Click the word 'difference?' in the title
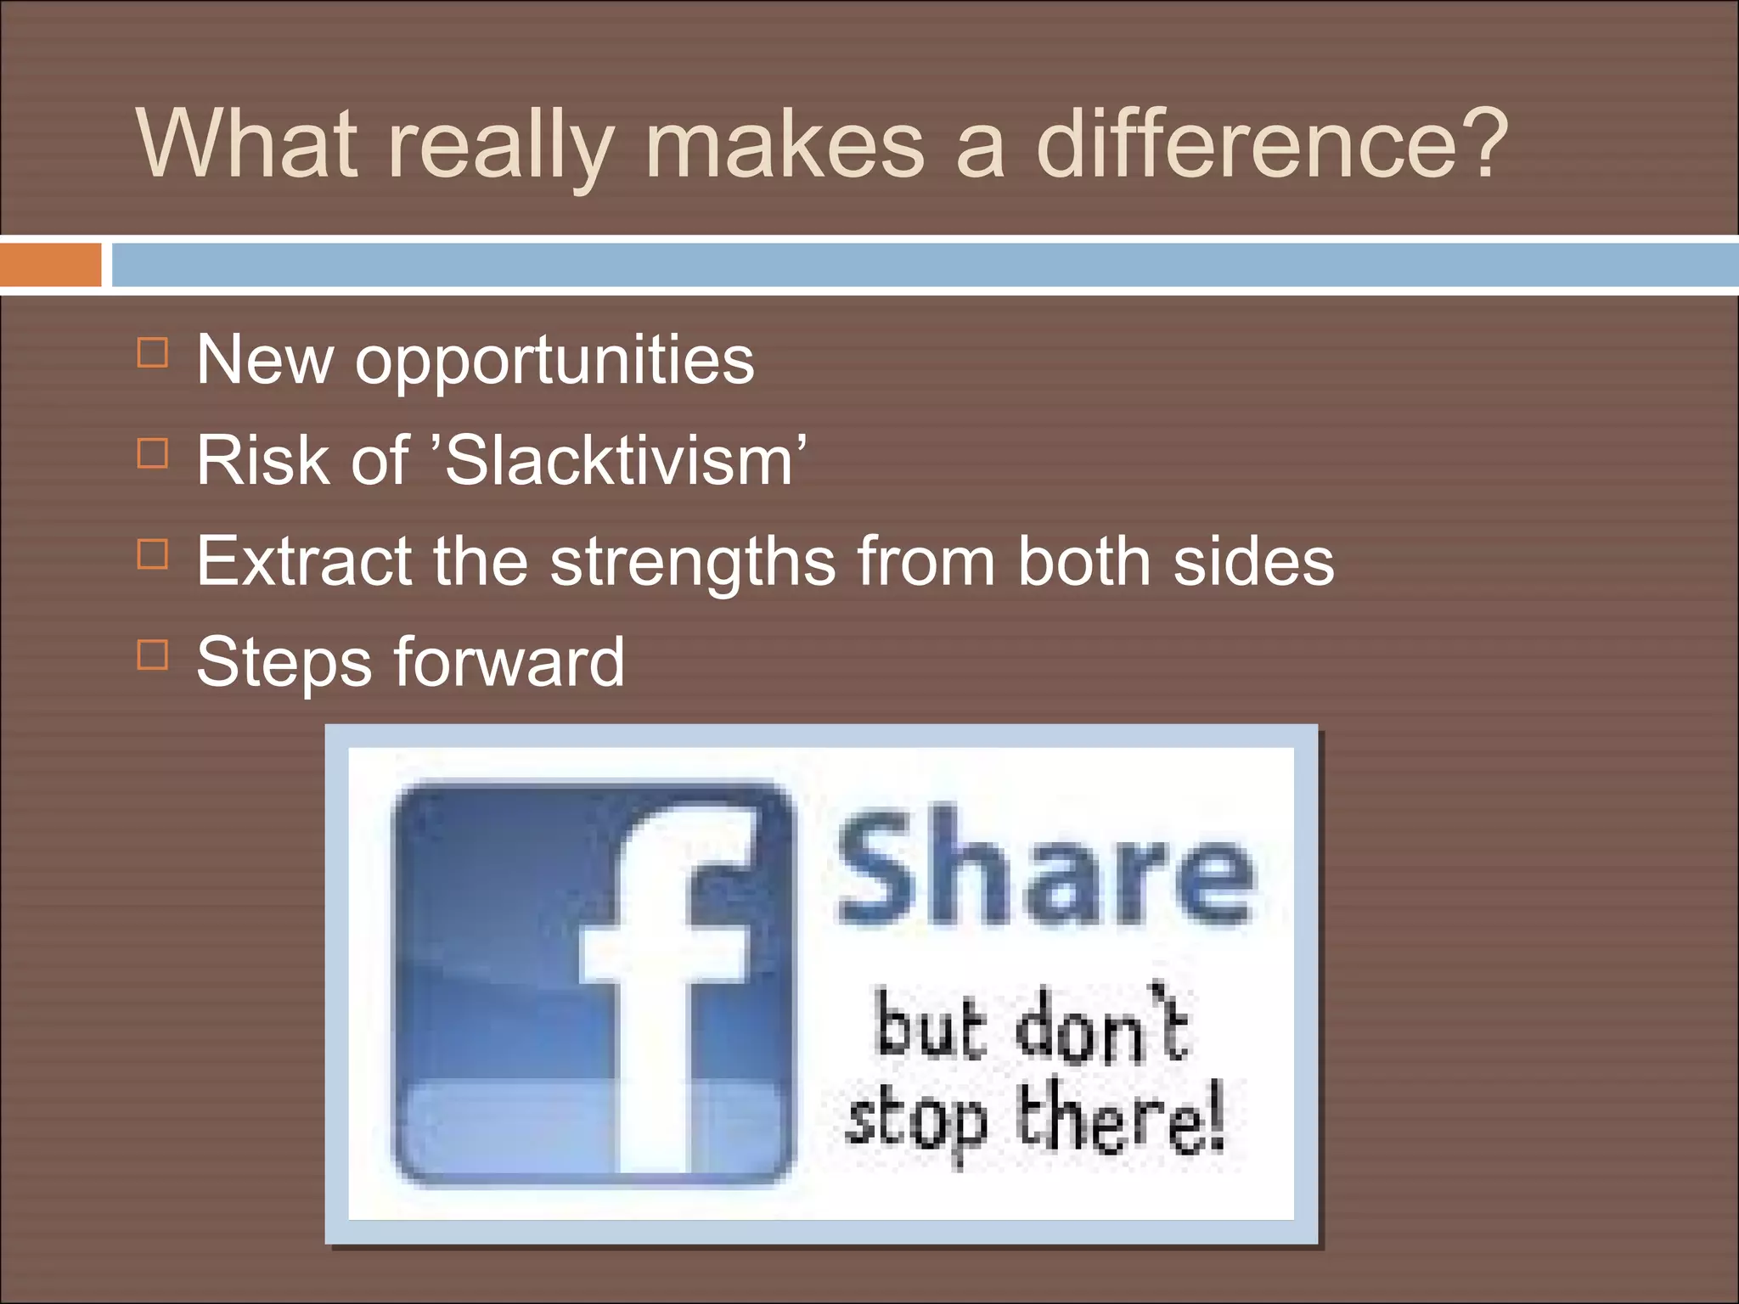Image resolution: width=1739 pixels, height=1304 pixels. point(1271,144)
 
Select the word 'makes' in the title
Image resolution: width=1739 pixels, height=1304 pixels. point(785,144)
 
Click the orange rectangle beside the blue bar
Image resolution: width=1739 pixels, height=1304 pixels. point(50,265)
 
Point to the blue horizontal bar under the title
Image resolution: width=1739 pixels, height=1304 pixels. point(924,265)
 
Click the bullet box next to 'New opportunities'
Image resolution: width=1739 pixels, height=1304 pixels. point(153,352)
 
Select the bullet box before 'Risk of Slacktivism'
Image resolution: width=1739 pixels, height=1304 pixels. point(153,453)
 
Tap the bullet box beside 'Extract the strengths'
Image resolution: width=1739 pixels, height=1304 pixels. point(153,554)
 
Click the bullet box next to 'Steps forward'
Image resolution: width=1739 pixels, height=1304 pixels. point(153,655)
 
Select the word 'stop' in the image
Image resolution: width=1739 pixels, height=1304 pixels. point(917,1121)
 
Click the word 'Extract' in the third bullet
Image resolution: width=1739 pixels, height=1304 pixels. point(303,561)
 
